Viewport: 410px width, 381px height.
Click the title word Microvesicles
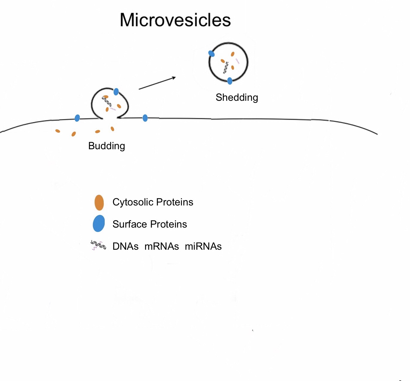pos(175,20)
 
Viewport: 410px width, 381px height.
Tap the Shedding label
pos(237,97)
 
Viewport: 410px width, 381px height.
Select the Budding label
pos(106,146)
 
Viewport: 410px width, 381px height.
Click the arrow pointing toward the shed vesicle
pos(157,83)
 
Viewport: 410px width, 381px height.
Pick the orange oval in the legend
pos(99,202)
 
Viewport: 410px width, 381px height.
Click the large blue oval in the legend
pos(99,223)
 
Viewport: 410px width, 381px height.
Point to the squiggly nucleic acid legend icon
pos(98,245)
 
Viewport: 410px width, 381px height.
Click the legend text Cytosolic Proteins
pos(153,202)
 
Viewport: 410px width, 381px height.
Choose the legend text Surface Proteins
pos(150,224)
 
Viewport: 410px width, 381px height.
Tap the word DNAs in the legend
pos(125,246)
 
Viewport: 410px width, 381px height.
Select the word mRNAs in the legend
pos(161,246)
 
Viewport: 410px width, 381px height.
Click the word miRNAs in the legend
pos(203,246)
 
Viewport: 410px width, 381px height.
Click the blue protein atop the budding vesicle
pos(116,92)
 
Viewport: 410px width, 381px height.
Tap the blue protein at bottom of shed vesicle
pos(230,81)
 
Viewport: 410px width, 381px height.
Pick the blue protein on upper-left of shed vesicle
pos(211,54)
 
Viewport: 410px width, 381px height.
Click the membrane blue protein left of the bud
pos(77,118)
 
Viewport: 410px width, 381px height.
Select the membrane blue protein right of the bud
pos(145,118)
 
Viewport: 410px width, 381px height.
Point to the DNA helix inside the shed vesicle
pos(226,68)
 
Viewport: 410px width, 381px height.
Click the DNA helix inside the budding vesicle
pos(107,102)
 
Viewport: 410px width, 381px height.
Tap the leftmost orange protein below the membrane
pos(58,131)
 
